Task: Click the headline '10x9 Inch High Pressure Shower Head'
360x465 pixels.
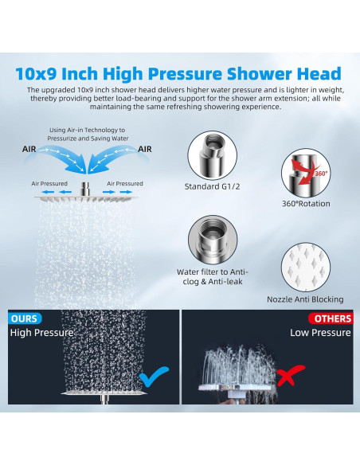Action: (178, 74)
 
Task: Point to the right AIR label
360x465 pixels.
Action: (146, 148)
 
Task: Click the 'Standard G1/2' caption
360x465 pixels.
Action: (208, 187)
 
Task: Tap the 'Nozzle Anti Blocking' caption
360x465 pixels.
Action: (306, 299)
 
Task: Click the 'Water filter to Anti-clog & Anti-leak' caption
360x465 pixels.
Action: (209, 276)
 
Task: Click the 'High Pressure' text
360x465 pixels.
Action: (41, 333)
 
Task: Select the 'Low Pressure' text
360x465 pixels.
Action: (320, 333)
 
